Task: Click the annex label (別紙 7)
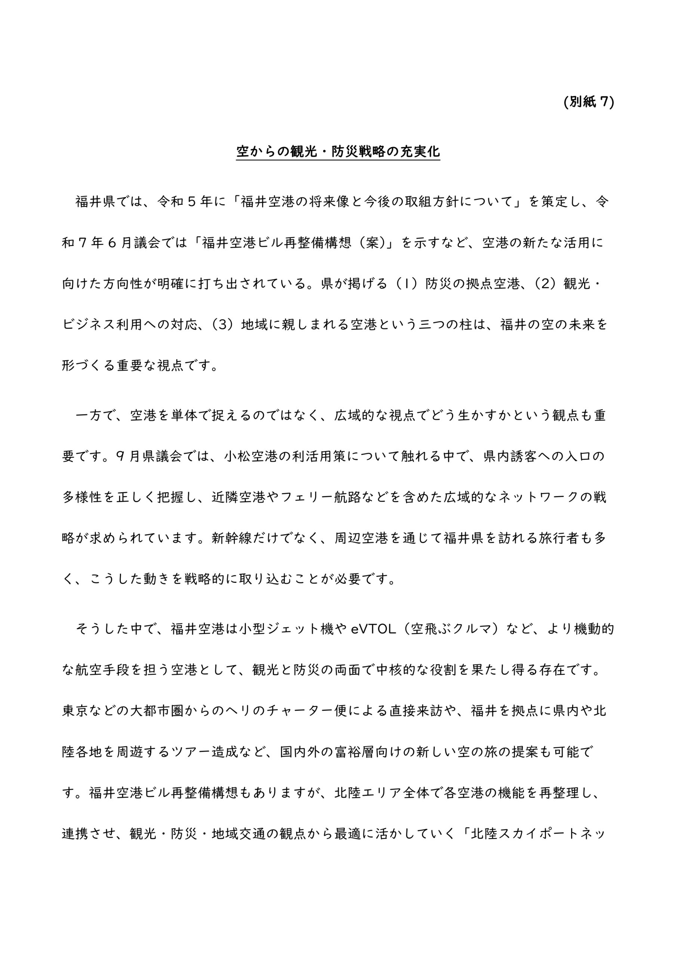point(589,102)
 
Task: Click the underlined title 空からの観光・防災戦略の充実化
point(338,152)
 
